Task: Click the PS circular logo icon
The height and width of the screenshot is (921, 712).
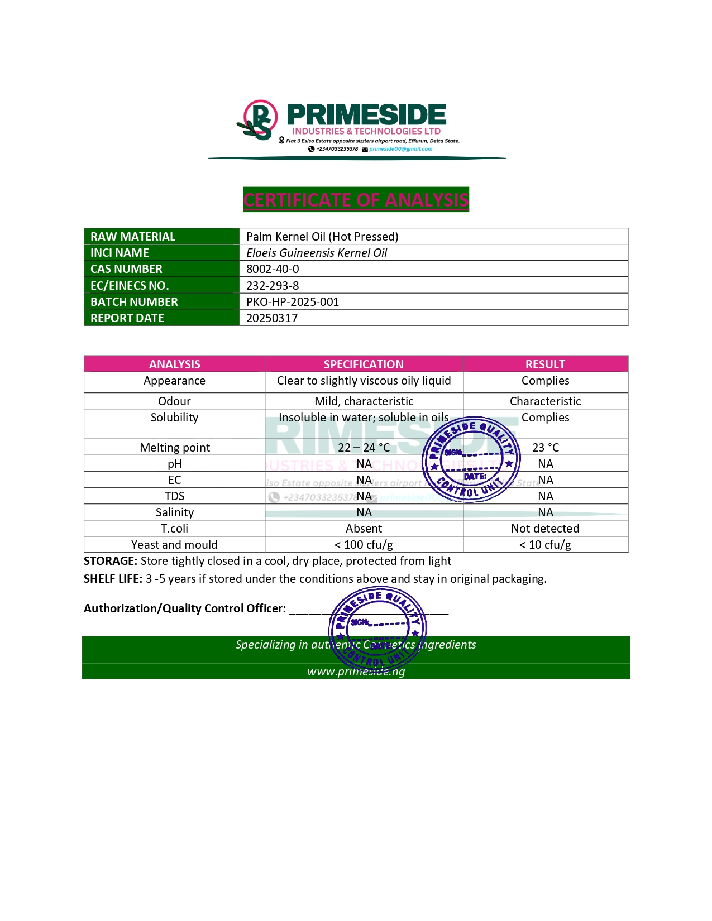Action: coord(259,119)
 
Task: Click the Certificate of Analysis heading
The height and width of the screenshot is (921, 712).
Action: coord(356,200)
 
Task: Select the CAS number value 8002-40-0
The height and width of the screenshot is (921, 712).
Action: coord(273,269)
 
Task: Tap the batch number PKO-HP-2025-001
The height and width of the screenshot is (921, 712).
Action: coord(293,302)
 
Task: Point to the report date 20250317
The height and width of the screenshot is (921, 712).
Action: coord(272,318)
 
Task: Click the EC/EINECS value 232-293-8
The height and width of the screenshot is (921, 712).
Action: coord(273,286)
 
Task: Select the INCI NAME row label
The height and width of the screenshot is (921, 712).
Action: coord(120,253)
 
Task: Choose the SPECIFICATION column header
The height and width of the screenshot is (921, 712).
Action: coord(364,364)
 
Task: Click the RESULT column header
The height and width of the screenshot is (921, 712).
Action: coord(545,364)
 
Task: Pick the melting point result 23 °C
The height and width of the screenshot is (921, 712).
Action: coord(545,448)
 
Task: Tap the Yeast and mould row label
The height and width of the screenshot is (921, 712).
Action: coord(174,545)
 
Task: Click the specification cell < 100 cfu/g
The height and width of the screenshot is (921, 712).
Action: coord(364,545)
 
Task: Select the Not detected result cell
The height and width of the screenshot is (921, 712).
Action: coord(545,529)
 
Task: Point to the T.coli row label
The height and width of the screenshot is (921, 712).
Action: coord(174,529)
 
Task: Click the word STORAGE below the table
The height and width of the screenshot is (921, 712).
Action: coord(110,561)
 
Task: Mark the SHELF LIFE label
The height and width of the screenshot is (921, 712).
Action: coord(113,579)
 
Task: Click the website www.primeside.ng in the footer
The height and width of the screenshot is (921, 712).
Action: coord(356,671)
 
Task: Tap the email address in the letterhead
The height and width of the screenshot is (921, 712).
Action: coord(400,149)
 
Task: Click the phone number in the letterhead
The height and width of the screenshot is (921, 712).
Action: coord(337,149)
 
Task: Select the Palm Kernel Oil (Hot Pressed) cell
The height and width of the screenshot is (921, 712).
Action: coord(322,237)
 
